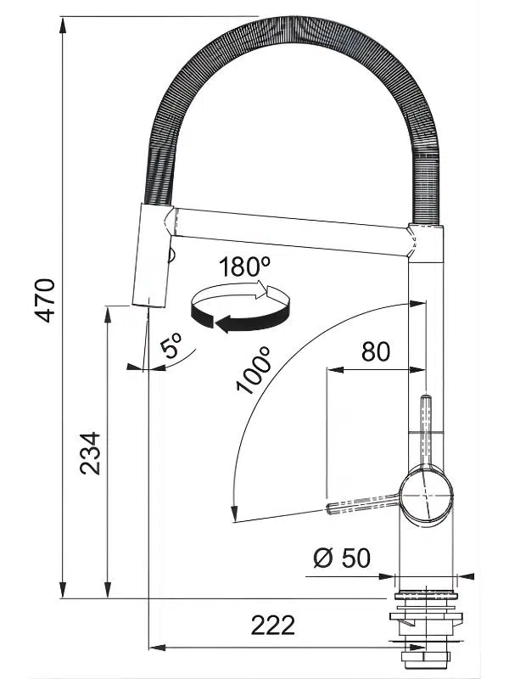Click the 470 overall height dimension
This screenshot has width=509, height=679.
[x=45, y=300]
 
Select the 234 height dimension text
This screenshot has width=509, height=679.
[x=91, y=453]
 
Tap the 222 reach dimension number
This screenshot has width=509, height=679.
[x=273, y=625]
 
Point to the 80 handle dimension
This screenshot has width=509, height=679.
[x=376, y=351]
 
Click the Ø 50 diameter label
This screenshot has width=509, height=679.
[x=342, y=558]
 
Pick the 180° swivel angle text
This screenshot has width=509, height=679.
[x=244, y=267]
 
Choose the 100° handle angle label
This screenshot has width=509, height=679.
[x=254, y=370]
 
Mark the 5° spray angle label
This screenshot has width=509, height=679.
[x=171, y=345]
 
